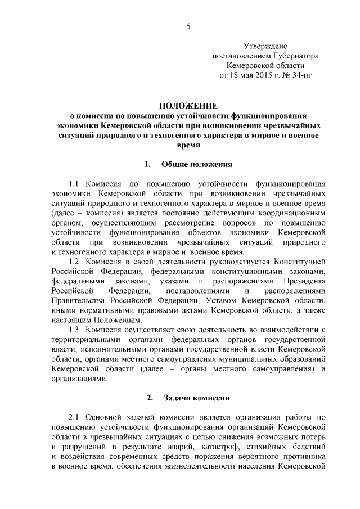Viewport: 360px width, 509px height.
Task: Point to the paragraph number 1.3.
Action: click(76, 329)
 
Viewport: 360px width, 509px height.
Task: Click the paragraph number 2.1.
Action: click(76, 417)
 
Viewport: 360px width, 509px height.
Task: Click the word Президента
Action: click(303, 281)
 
